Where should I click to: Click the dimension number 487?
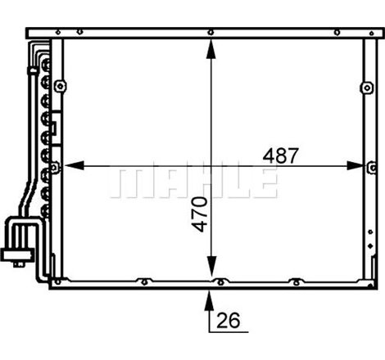coord(281,155)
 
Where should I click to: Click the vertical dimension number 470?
coord(199,214)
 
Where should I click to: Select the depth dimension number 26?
coord(229,320)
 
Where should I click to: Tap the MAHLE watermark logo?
coord(194,182)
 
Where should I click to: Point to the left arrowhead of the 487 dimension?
coord(75,165)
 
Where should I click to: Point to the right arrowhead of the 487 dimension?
coord(356,165)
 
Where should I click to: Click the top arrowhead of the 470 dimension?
coord(211,49)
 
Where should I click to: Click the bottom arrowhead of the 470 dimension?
coord(211,266)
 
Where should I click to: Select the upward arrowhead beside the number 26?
coord(209,301)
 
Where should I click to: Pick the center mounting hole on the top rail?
coord(211,33)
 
